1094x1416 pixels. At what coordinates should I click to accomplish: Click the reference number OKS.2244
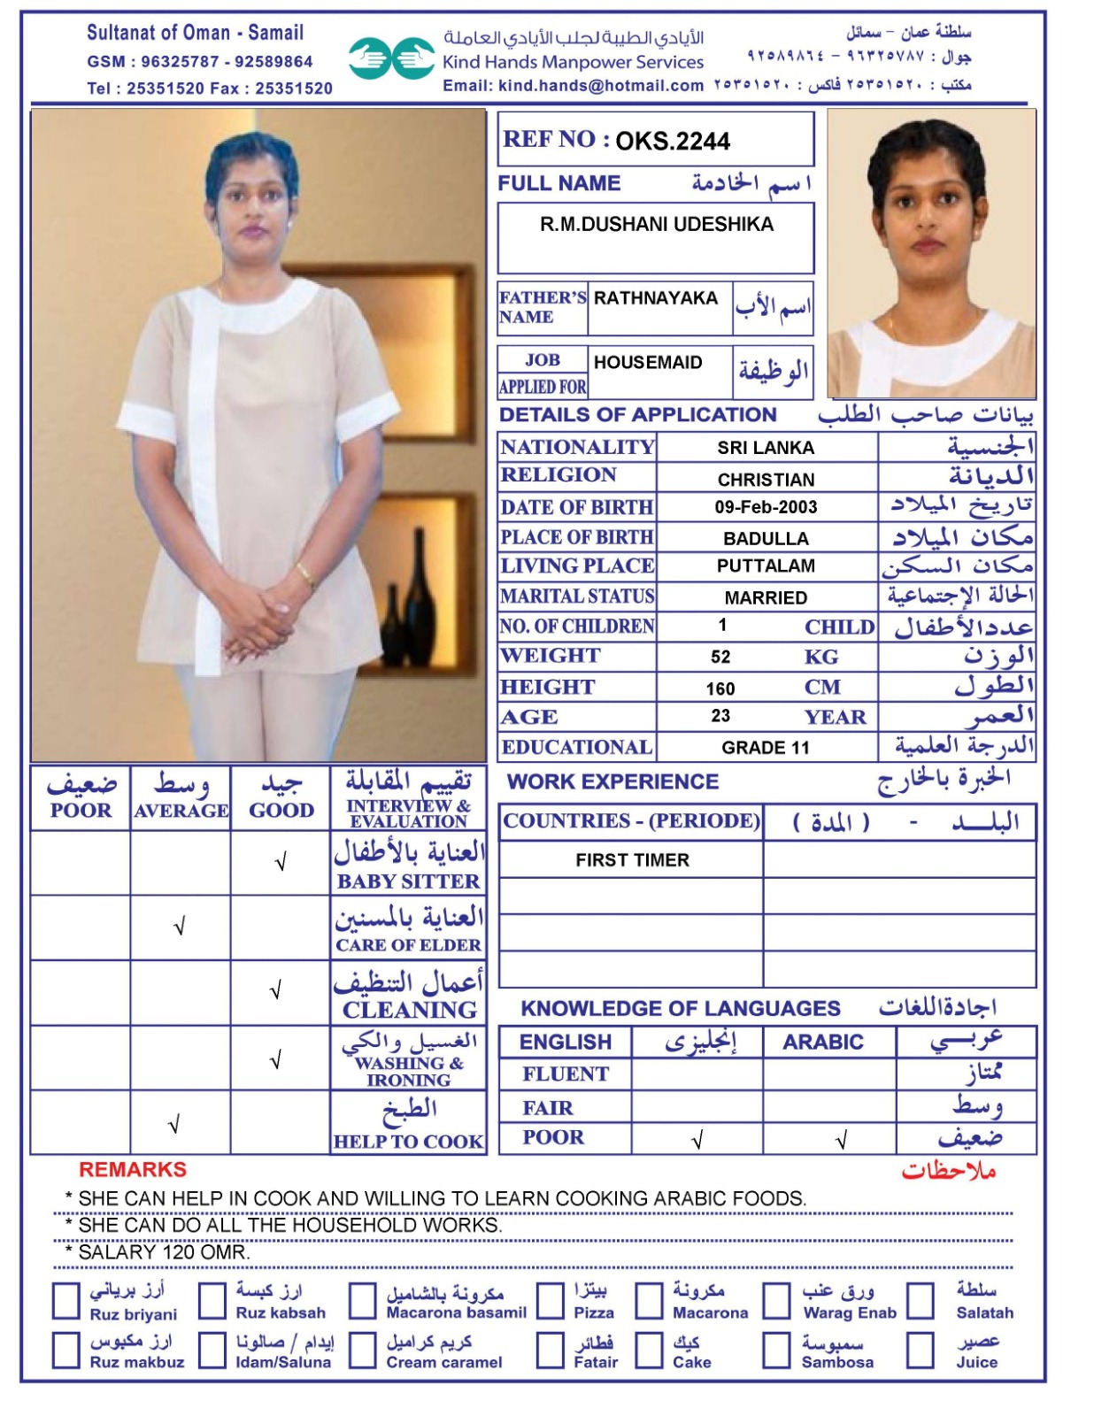tap(672, 142)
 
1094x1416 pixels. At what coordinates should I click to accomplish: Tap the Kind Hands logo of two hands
tap(390, 58)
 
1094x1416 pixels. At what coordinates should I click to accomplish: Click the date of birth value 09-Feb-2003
tap(766, 507)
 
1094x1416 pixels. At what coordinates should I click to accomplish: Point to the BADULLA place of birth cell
tap(766, 538)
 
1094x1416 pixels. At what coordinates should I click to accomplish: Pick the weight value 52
tap(720, 657)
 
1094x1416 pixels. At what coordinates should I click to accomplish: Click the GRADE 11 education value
tap(766, 748)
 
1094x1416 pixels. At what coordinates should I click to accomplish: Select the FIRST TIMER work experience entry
tap(632, 860)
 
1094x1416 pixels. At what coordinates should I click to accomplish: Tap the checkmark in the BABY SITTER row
tap(281, 862)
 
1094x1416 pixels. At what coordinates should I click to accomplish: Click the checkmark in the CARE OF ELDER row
tap(180, 927)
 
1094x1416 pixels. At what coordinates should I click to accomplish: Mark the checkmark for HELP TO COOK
tap(174, 1125)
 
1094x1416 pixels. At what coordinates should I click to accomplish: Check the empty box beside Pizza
tap(551, 1301)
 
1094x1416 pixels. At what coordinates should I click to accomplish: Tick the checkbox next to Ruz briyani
tap(66, 1301)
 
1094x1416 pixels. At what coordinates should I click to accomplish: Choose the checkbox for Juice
tap(920, 1351)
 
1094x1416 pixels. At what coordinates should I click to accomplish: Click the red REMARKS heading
tap(133, 1170)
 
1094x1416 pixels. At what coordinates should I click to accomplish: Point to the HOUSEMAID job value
tap(648, 363)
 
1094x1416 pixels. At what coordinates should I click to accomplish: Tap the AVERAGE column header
tap(181, 811)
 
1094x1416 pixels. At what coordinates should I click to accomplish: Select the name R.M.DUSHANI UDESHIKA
tap(657, 225)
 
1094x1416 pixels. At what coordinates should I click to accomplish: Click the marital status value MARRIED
tap(766, 598)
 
